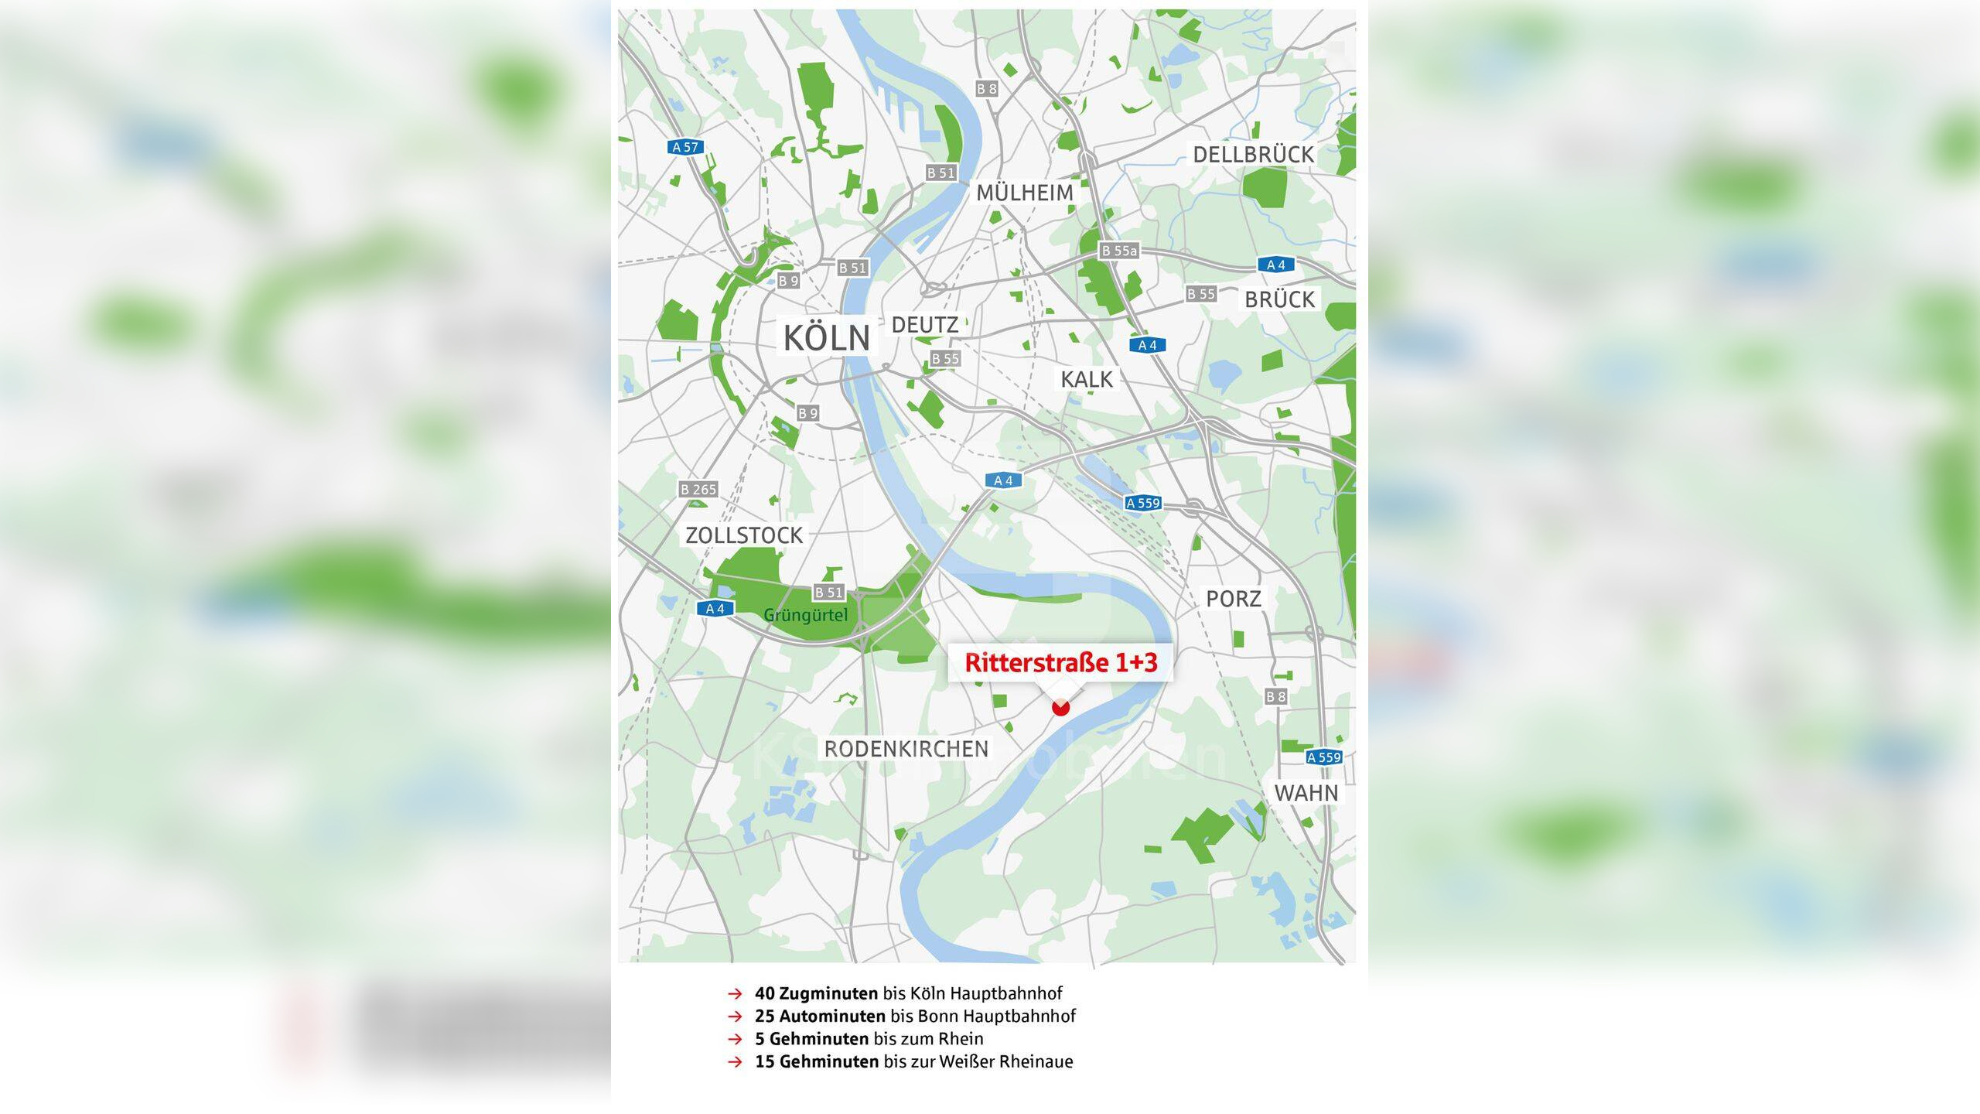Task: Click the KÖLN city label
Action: click(827, 338)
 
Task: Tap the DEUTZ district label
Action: click(925, 325)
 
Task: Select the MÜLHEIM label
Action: click(1025, 193)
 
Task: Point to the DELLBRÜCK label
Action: click(1253, 155)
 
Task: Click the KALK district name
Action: click(1087, 380)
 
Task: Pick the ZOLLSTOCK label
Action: click(744, 535)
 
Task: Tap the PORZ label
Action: click(1234, 599)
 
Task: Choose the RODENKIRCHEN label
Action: click(906, 749)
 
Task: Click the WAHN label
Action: click(1306, 793)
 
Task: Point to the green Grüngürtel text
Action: click(805, 616)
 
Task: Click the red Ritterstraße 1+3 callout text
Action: click(1060, 663)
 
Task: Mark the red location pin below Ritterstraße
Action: click(1060, 707)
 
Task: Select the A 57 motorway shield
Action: click(684, 147)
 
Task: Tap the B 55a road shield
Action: click(1119, 251)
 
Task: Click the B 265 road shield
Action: click(698, 489)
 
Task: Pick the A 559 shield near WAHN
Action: click(1323, 757)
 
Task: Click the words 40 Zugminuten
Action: click(816, 993)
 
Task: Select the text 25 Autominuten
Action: click(820, 1016)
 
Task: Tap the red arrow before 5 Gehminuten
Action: click(735, 1039)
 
